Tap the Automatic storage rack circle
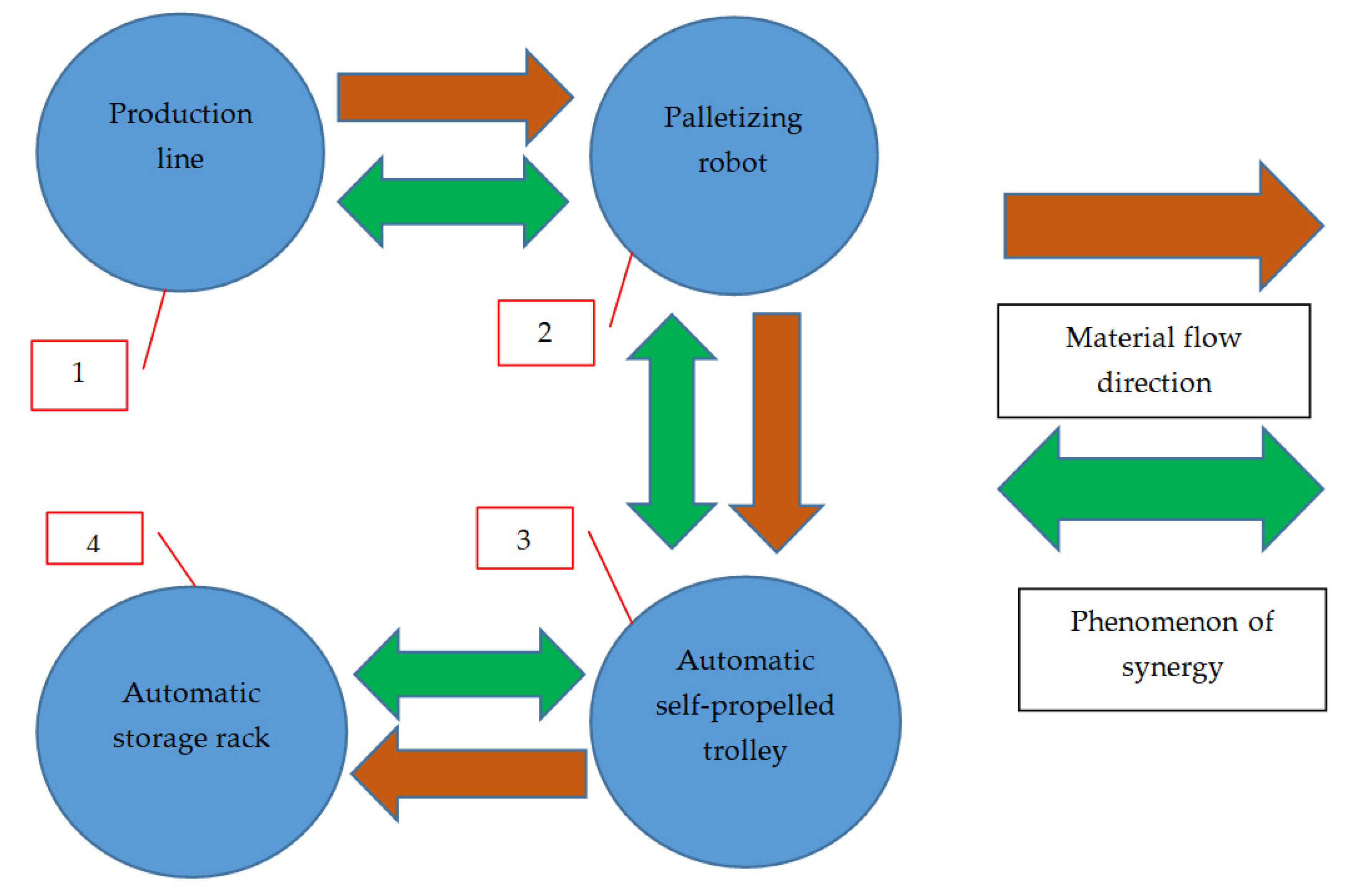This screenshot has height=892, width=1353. click(191, 797)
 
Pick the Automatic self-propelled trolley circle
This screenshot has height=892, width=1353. click(745, 808)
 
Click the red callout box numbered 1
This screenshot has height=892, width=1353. click(79, 375)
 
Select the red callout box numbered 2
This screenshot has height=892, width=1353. click(546, 333)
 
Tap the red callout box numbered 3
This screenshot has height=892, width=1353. click(525, 538)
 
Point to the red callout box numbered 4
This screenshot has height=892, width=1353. click(95, 538)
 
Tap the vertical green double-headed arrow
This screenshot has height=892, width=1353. click(671, 431)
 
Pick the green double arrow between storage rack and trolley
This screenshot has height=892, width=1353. click(469, 674)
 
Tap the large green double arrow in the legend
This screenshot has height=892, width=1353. click(1161, 488)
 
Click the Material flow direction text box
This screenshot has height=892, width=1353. click(1154, 361)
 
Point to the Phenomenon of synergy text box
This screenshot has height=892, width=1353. click(1172, 649)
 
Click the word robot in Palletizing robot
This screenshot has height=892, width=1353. click(732, 163)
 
